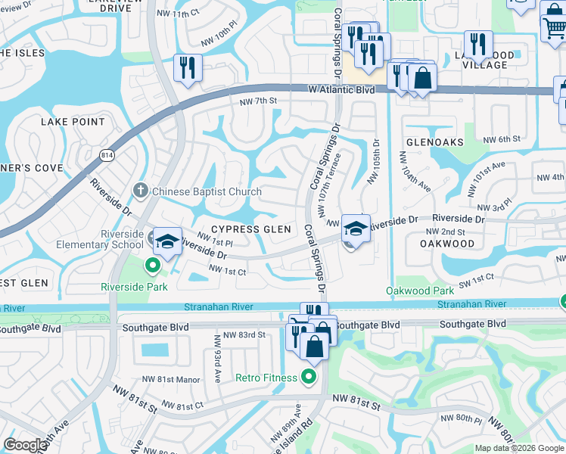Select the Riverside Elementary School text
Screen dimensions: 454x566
point(100,239)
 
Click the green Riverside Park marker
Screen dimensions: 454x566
point(152,265)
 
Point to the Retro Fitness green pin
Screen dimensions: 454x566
point(309,376)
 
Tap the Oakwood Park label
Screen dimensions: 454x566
point(420,291)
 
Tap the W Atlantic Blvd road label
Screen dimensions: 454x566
point(341,89)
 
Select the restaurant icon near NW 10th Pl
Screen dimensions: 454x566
point(186,67)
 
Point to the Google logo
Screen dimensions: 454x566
point(25,445)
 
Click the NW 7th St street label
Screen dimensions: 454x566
point(259,101)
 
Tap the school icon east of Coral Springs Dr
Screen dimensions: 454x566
point(356,227)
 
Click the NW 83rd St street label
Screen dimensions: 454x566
point(240,334)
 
